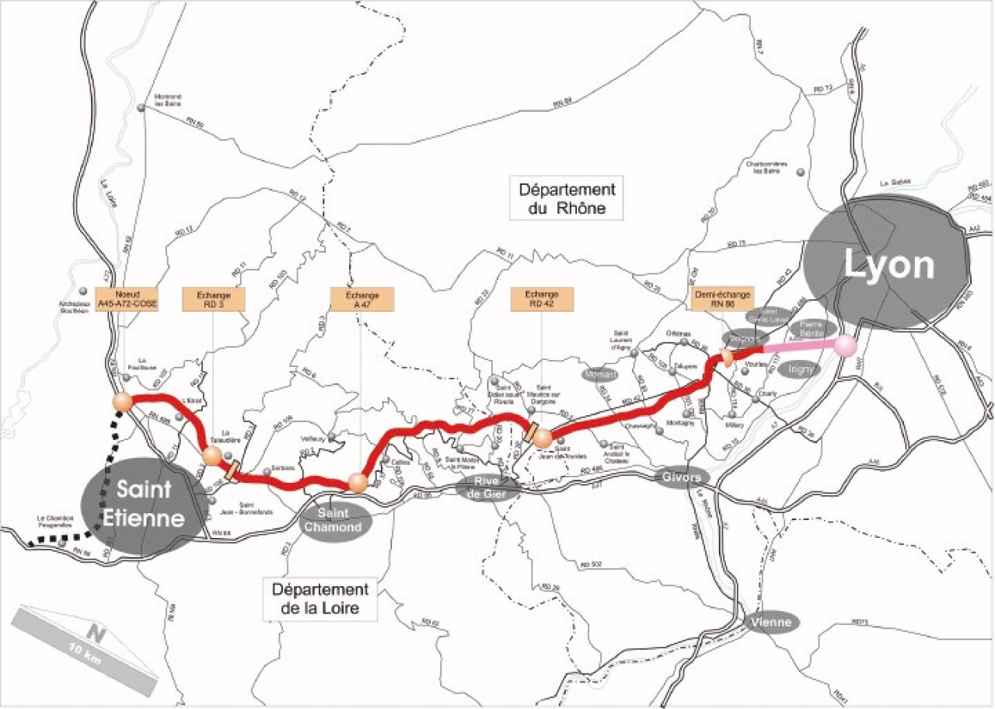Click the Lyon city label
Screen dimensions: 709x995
[889, 267]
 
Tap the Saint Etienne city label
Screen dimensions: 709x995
[151, 504]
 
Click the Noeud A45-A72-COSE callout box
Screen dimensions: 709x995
[127, 299]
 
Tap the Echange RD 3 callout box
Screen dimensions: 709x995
[214, 299]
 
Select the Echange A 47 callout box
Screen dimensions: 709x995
[362, 299]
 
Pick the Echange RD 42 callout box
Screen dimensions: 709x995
[542, 299]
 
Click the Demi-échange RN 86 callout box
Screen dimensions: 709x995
[722, 299]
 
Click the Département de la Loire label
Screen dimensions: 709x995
[320, 598]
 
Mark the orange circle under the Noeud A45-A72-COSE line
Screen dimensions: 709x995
[122, 402]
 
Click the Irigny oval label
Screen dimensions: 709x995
[800, 370]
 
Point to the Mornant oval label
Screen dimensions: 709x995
[598, 375]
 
